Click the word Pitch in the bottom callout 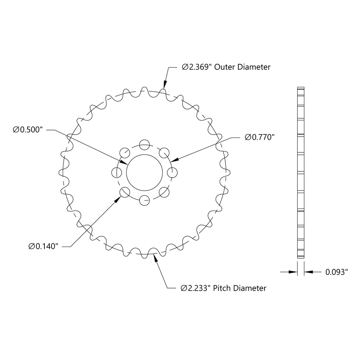[222, 288]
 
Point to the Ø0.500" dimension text [28, 130]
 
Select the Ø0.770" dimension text [260, 137]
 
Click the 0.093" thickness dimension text [336, 272]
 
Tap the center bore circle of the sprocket [144, 172]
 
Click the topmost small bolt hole [144, 144]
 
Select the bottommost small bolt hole [144, 200]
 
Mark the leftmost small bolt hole [116, 172]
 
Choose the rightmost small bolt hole [172, 172]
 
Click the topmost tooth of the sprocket [144, 89]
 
